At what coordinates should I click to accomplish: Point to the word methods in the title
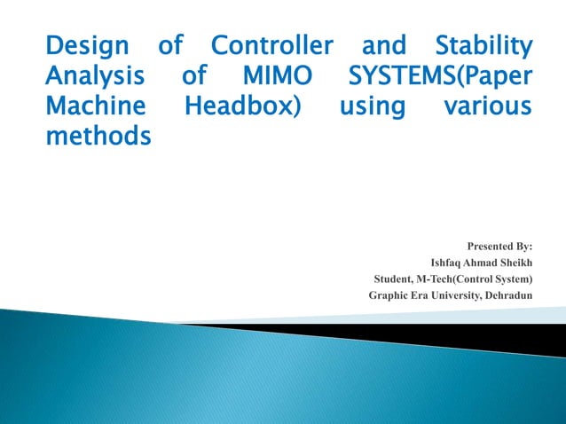tap(98, 137)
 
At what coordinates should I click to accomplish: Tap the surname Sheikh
tap(516, 263)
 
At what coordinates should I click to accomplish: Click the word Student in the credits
tap(394, 279)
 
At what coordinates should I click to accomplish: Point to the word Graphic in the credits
tap(389, 295)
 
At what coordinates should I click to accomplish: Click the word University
tap(454, 295)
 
